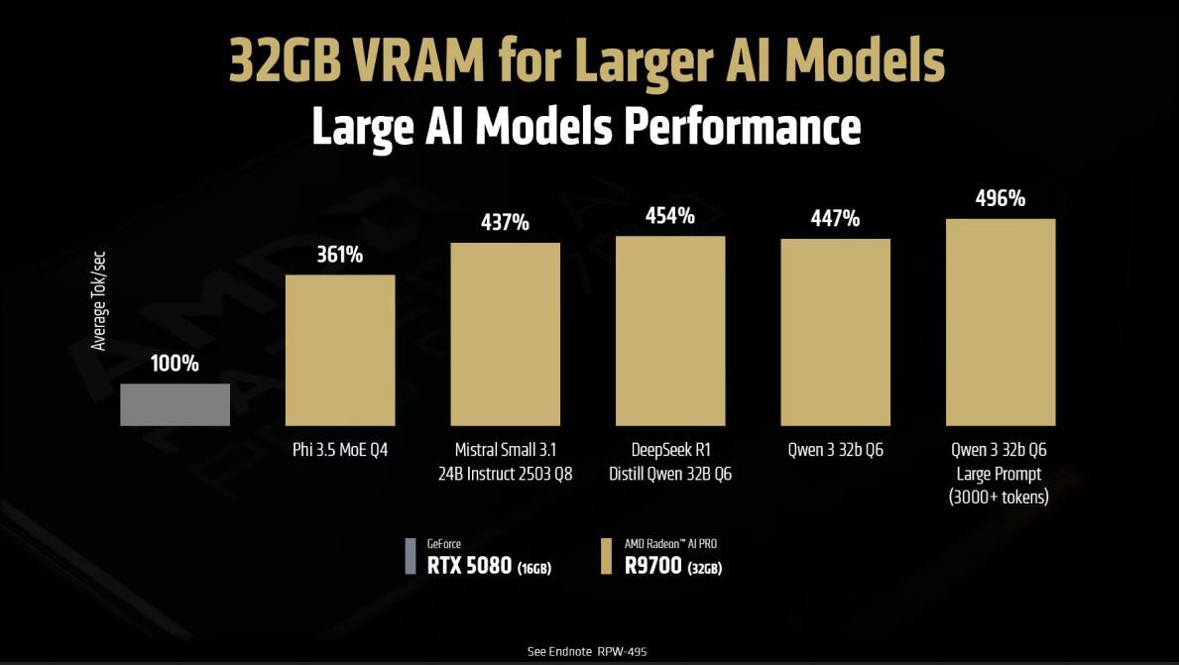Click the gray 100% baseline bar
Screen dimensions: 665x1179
tap(175, 404)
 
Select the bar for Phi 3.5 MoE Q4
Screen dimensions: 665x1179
tap(340, 350)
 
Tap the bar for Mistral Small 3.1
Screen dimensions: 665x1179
tap(505, 334)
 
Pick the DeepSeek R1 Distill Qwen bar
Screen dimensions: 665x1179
tap(670, 331)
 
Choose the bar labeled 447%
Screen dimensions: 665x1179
tap(835, 332)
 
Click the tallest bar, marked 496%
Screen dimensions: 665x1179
tap(1000, 322)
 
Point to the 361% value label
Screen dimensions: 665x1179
tap(340, 255)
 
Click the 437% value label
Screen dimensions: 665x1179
tap(505, 222)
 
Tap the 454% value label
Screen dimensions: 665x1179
tap(670, 215)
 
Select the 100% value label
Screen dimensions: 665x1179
tap(175, 364)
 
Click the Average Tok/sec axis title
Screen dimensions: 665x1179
tap(98, 299)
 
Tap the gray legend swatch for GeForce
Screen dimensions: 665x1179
tap(411, 556)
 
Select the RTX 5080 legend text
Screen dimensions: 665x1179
tap(469, 567)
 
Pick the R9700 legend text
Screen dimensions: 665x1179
tap(652, 567)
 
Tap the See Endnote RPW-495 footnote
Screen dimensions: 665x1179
tap(588, 651)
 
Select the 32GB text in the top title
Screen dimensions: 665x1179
tap(283, 60)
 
